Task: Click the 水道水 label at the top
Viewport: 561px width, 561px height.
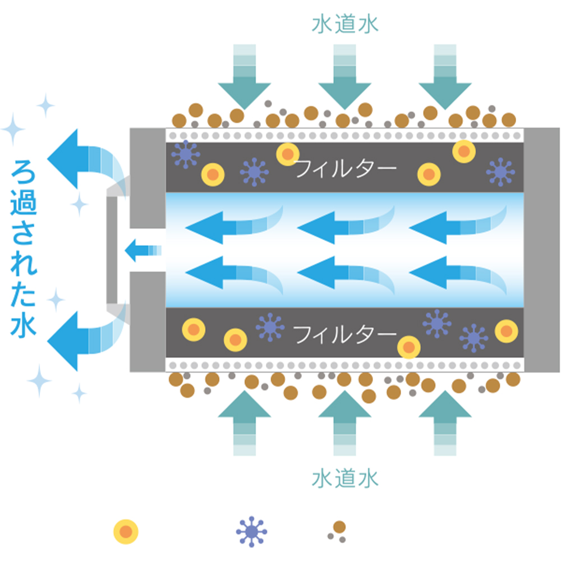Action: pos(345,24)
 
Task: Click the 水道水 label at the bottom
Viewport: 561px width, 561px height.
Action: pos(345,479)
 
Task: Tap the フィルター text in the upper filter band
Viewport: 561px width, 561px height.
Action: pos(346,168)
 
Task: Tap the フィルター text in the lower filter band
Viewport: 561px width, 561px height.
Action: pos(345,334)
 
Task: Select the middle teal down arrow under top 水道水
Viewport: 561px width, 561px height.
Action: pos(345,77)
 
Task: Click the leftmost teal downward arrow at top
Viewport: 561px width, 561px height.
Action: pos(245,77)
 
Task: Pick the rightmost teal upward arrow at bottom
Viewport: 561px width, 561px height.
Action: pos(445,423)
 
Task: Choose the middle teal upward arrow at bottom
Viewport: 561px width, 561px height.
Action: pos(345,423)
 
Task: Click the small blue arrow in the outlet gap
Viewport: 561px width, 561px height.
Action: pos(142,250)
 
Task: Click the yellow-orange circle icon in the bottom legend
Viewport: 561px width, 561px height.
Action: pos(126,532)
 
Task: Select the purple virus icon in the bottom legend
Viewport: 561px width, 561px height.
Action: pos(251,532)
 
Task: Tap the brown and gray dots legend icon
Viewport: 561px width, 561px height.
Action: pos(337,532)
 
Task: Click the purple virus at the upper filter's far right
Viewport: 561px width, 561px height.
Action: pos(500,172)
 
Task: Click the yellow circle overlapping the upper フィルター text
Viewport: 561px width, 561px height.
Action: pos(288,154)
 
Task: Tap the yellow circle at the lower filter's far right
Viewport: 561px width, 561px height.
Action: pos(506,331)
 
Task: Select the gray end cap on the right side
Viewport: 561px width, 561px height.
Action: pos(542,250)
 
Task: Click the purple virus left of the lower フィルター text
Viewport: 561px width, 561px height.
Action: pos(270,327)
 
